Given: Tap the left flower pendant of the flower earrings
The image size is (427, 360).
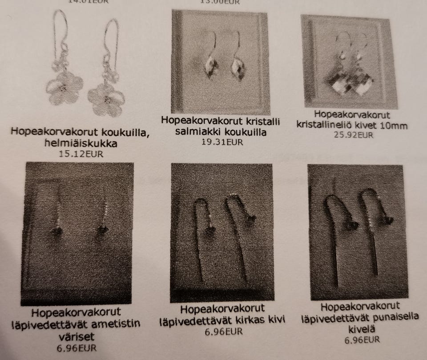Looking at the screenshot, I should click(x=64, y=89).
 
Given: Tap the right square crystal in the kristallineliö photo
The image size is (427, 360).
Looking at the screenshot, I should click(x=363, y=85).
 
